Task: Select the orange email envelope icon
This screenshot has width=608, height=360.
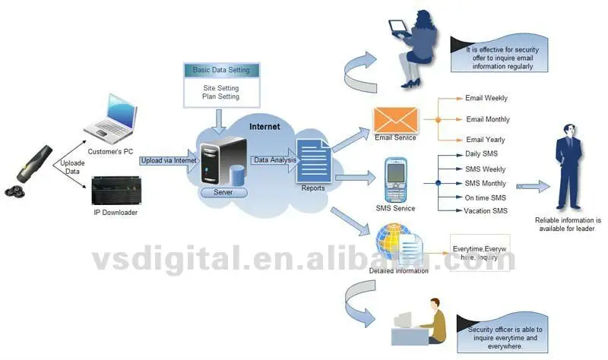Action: pos(395,119)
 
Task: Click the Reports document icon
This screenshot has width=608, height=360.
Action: pos(312,161)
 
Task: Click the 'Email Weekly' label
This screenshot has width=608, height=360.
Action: pos(486,98)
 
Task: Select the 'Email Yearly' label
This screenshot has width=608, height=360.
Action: pos(486,140)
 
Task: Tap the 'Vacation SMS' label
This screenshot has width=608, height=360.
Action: pos(486,210)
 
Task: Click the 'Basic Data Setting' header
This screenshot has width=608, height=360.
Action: pos(221,70)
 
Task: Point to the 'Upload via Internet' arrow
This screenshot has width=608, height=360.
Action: pos(168,159)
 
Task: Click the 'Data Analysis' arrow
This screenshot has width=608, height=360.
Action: pos(274,159)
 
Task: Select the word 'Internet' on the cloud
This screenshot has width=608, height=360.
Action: pos(264,127)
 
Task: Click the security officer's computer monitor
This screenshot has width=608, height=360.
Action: pos(403,320)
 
